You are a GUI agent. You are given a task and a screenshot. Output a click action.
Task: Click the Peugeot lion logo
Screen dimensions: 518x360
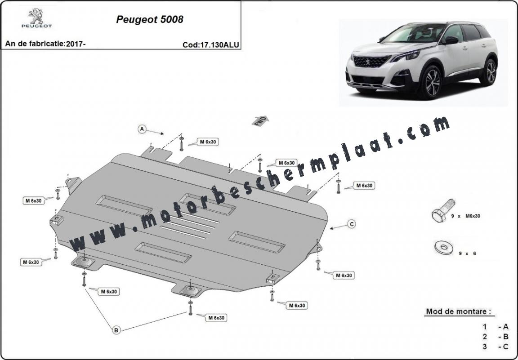pyautogui.click(x=36, y=18)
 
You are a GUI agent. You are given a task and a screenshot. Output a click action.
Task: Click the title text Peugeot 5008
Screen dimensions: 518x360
pyautogui.click(x=150, y=19)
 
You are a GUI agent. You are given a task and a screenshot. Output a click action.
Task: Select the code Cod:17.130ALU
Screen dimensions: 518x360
pyautogui.click(x=211, y=45)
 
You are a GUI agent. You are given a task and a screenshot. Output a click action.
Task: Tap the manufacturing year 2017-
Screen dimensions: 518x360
pyautogui.click(x=76, y=44)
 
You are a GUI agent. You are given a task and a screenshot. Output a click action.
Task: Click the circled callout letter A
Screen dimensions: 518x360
pyautogui.click(x=142, y=129)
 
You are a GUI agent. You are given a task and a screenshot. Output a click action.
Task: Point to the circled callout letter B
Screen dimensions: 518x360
pyautogui.click(x=116, y=329)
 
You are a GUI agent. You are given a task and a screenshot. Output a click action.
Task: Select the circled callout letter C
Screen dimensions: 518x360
pyautogui.click(x=352, y=224)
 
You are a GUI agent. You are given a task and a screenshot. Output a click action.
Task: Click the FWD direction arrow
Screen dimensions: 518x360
pyautogui.click(x=260, y=121)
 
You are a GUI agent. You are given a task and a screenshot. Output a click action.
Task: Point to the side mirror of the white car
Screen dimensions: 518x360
pyautogui.click(x=451, y=40)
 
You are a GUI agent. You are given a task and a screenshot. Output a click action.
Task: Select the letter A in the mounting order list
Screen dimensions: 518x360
pyautogui.click(x=505, y=327)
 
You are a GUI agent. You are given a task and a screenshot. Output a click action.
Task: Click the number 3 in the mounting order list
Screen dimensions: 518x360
pyautogui.click(x=485, y=347)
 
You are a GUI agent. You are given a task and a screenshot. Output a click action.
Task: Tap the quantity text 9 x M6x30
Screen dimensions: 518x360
pyautogui.click(x=465, y=216)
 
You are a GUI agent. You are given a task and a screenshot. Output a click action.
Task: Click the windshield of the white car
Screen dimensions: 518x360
pyautogui.click(x=412, y=33)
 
